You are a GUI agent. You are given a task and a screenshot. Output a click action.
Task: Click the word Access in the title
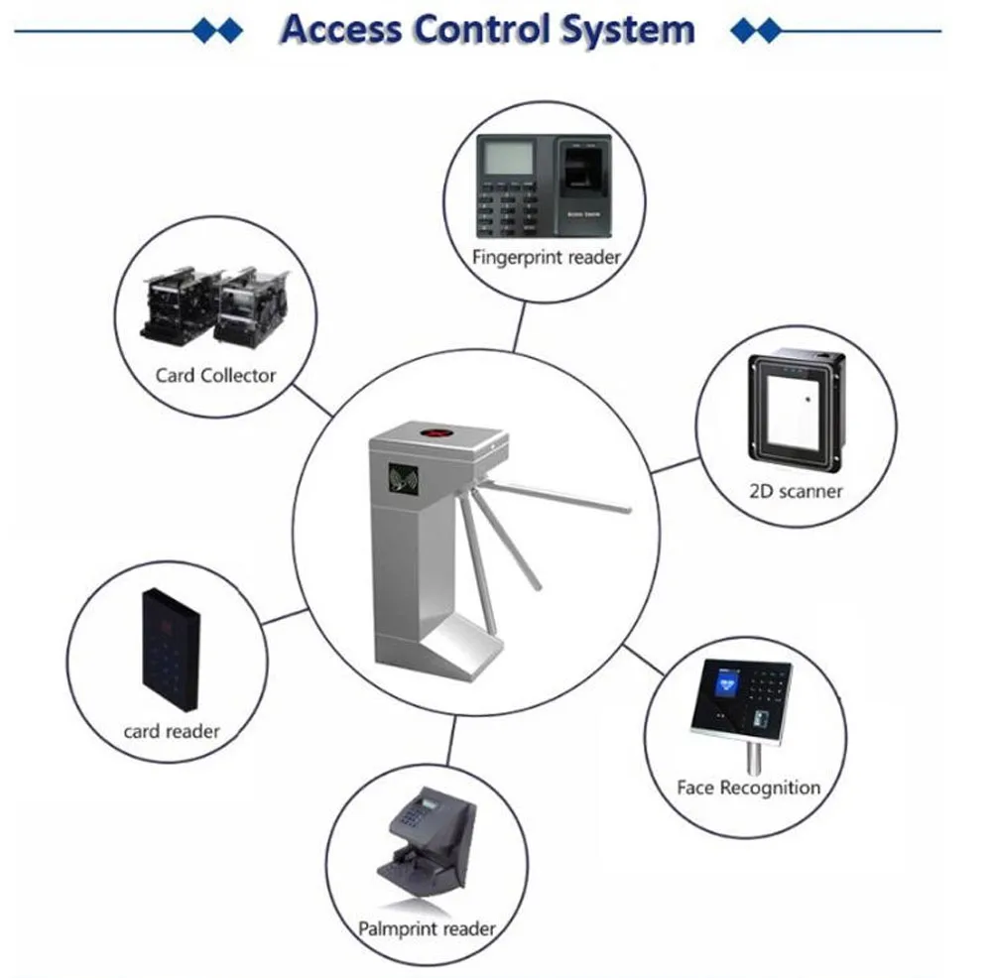(341, 29)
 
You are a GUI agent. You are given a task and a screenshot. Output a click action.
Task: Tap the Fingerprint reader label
(547, 258)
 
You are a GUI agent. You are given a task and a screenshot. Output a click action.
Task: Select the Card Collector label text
(215, 376)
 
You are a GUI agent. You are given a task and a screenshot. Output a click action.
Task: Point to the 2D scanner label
(796, 492)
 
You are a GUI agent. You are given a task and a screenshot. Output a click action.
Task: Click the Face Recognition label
(748, 789)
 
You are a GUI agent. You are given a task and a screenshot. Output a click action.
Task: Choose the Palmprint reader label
(427, 928)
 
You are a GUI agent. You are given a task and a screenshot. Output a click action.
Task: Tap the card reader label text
(172, 732)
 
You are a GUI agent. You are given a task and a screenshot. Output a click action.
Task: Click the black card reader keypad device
(171, 650)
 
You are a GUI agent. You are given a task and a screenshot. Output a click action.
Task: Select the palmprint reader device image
(427, 843)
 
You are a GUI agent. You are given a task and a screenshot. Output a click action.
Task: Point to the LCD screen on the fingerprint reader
(509, 157)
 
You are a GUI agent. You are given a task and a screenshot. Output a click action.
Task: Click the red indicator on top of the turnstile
(435, 433)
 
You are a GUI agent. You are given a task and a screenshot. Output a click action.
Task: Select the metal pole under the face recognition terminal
(754, 759)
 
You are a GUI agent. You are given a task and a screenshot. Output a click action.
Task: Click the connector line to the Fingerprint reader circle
(520, 327)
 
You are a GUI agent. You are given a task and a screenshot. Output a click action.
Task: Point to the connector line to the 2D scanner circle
(676, 465)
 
